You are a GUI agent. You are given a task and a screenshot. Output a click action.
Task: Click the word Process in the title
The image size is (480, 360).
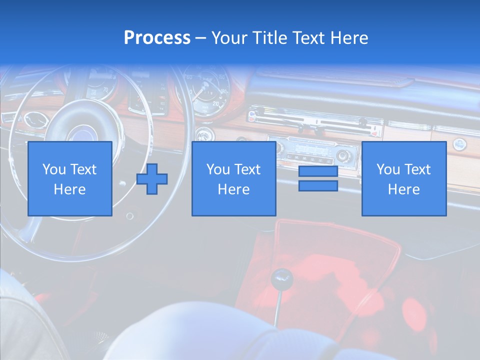point(157,37)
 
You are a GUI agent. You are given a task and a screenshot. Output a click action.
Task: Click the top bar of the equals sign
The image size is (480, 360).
point(318,172)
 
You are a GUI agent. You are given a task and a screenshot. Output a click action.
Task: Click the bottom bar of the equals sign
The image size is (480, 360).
point(318,185)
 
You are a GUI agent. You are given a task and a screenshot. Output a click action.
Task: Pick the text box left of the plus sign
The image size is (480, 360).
point(70,178)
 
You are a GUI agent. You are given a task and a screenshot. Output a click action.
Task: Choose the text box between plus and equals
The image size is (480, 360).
point(233,178)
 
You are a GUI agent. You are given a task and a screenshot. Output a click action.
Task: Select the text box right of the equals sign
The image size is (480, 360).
point(403,178)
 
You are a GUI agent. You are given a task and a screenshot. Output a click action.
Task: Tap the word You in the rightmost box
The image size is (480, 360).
point(388,169)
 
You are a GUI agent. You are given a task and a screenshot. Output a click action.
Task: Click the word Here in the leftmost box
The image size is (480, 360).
point(69,189)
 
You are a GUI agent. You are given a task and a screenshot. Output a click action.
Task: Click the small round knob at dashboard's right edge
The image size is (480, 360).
point(459,144)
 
